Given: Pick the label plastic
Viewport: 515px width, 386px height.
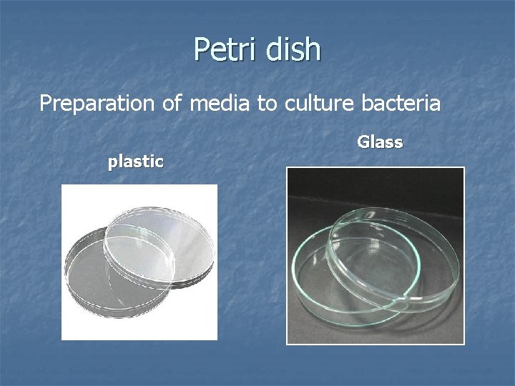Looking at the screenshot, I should click(x=136, y=162).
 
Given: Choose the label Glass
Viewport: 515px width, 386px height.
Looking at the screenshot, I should click(x=380, y=142).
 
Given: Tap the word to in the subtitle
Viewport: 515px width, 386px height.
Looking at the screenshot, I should click(x=268, y=104).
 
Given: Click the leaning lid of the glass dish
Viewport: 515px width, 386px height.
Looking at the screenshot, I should click(x=393, y=243).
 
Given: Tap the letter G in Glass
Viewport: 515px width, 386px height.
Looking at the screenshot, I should click(x=363, y=142).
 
